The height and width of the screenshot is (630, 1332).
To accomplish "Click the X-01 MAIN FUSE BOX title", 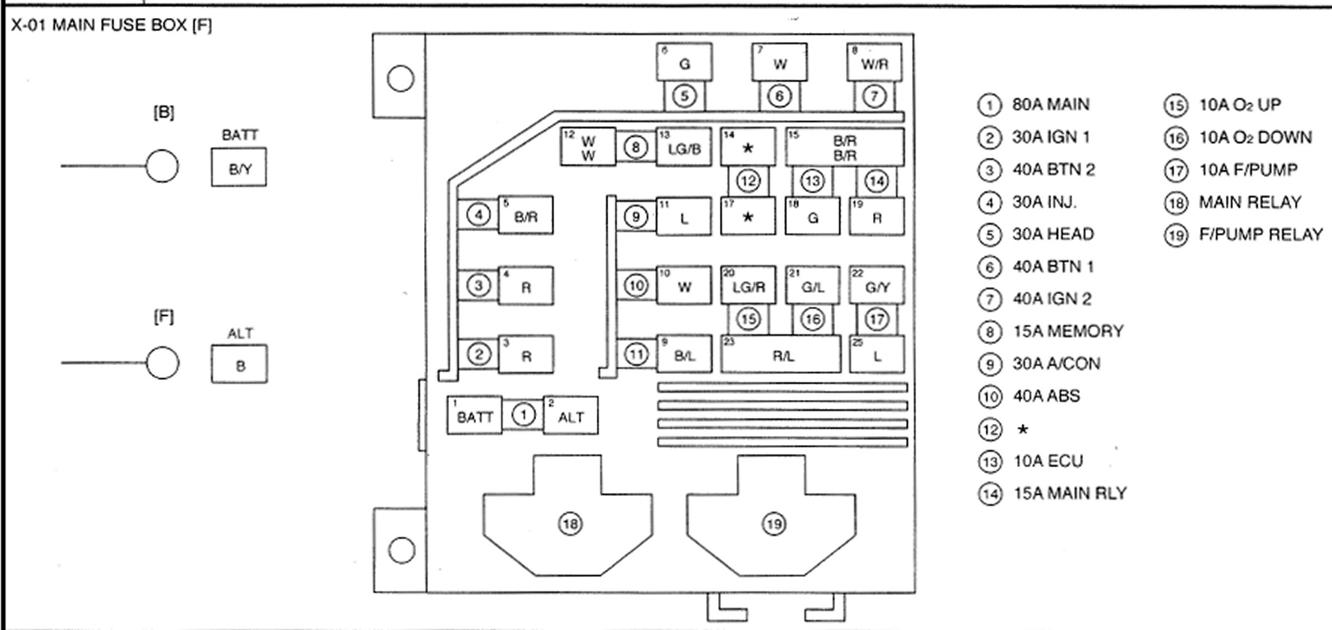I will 112,26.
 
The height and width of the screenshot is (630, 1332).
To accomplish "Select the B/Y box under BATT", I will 239,167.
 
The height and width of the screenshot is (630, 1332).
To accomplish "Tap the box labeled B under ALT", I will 239,364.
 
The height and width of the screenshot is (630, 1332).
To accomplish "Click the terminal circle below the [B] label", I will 162,166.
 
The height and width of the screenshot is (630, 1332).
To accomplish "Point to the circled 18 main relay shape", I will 570,523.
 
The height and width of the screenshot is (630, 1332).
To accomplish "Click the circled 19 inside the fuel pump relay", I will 774,523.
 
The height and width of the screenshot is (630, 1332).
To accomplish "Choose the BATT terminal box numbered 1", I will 475,416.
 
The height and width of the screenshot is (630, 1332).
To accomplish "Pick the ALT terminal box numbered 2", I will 571,416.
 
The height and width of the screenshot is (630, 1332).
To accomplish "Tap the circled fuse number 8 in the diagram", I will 636,147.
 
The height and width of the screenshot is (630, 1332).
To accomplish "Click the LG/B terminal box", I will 684,148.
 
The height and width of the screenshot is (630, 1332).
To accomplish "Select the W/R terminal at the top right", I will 874,62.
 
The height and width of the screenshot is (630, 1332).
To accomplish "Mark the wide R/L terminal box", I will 781,354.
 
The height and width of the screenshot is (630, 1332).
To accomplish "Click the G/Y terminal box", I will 877,286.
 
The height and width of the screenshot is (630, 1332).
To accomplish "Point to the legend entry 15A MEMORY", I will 1068,332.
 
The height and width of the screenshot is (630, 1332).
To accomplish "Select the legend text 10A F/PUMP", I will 1248,169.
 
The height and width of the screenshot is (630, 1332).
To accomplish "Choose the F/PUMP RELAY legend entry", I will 1260,234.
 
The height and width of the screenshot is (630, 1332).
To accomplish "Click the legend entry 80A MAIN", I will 1050,104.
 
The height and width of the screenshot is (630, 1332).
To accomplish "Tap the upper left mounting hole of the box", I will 400,78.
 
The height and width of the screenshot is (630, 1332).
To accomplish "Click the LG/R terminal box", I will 748,286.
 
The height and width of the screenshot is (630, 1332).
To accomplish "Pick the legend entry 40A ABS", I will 1046,396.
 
